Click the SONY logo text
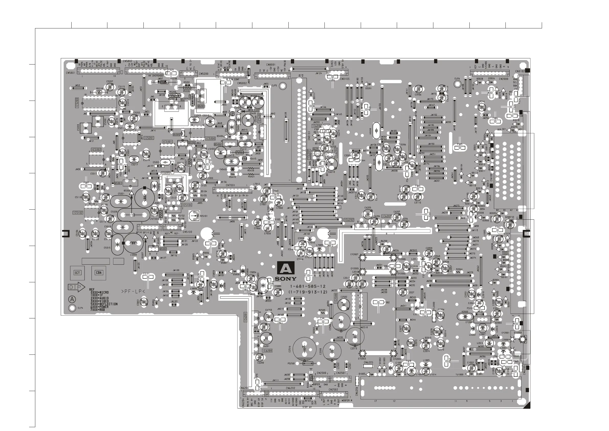[x=286, y=279]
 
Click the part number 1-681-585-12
[x=308, y=287]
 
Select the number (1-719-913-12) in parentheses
[x=308, y=292]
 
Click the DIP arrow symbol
[x=76, y=287]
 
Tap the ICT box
[x=77, y=273]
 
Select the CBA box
[x=99, y=273]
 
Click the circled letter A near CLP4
[x=72, y=299]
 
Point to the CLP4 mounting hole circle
[x=72, y=308]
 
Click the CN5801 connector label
[x=71, y=72]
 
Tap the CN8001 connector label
[x=271, y=64]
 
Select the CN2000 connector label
[x=503, y=79]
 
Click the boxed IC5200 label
[x=77, y=103]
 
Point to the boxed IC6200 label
[x=267, y=351]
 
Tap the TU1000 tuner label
[x=459, y=375]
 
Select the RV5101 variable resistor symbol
[x=194, y=216]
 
